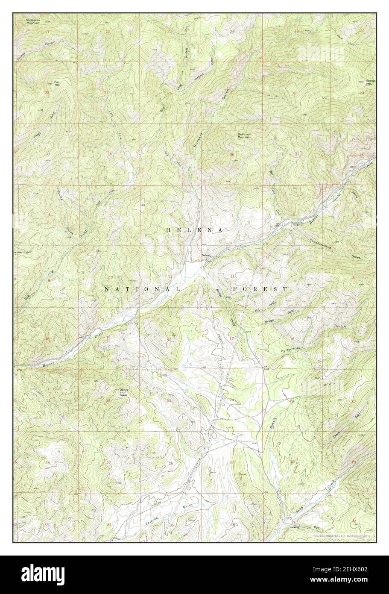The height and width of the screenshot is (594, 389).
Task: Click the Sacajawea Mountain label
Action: [x=32, y=21]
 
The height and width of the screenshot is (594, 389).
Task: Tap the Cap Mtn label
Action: [x=57, y=83]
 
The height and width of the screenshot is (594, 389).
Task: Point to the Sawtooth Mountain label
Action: [x=244, y=136]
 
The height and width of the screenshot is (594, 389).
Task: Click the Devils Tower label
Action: [x=123, y=392]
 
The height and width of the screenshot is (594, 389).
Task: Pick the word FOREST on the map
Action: [x=260, y=289]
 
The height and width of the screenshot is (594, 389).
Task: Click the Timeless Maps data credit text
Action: [x=341, y=535]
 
